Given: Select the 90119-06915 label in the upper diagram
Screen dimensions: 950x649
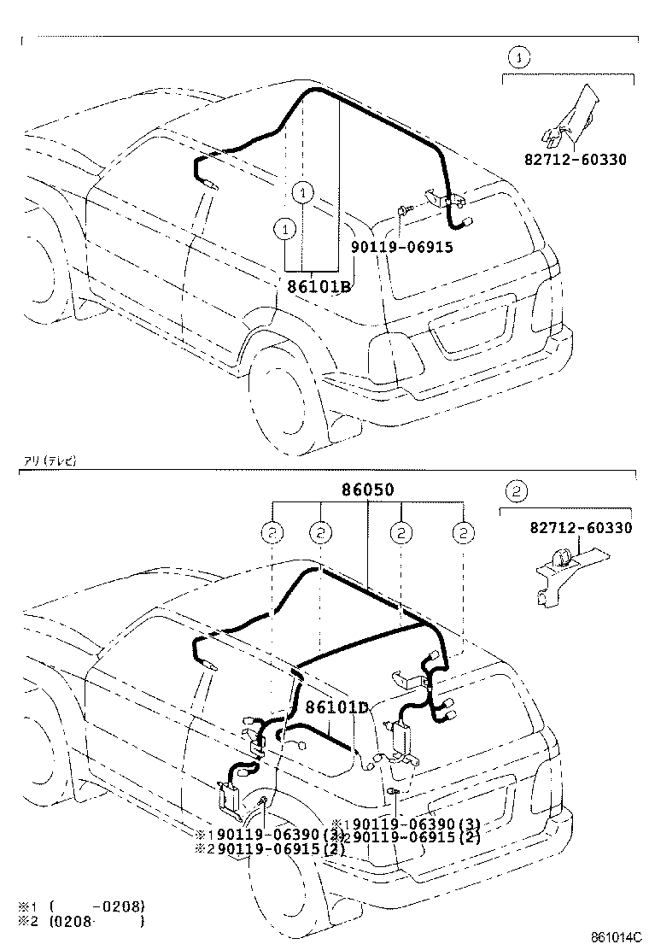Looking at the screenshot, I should pyautogui.click(x=401, y=247).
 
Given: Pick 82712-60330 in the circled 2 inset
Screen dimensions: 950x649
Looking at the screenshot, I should pyautogui.click(x=581, y=528).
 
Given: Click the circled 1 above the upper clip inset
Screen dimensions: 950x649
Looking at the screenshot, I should pyautogui.click(x=520, y=58).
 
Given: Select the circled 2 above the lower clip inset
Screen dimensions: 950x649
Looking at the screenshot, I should pyautogui.click(x=514, y=490).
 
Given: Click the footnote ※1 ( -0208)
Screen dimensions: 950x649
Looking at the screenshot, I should pyautogui.click(x=82, y=905).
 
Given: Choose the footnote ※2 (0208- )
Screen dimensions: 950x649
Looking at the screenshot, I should pyautogui.click(x=82, y=920).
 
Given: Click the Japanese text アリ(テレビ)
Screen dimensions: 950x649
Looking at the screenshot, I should pyautogui.click(x=50, y=460).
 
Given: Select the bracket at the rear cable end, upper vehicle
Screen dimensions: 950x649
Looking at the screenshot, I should pyautogui.click(x=449, y=202).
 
